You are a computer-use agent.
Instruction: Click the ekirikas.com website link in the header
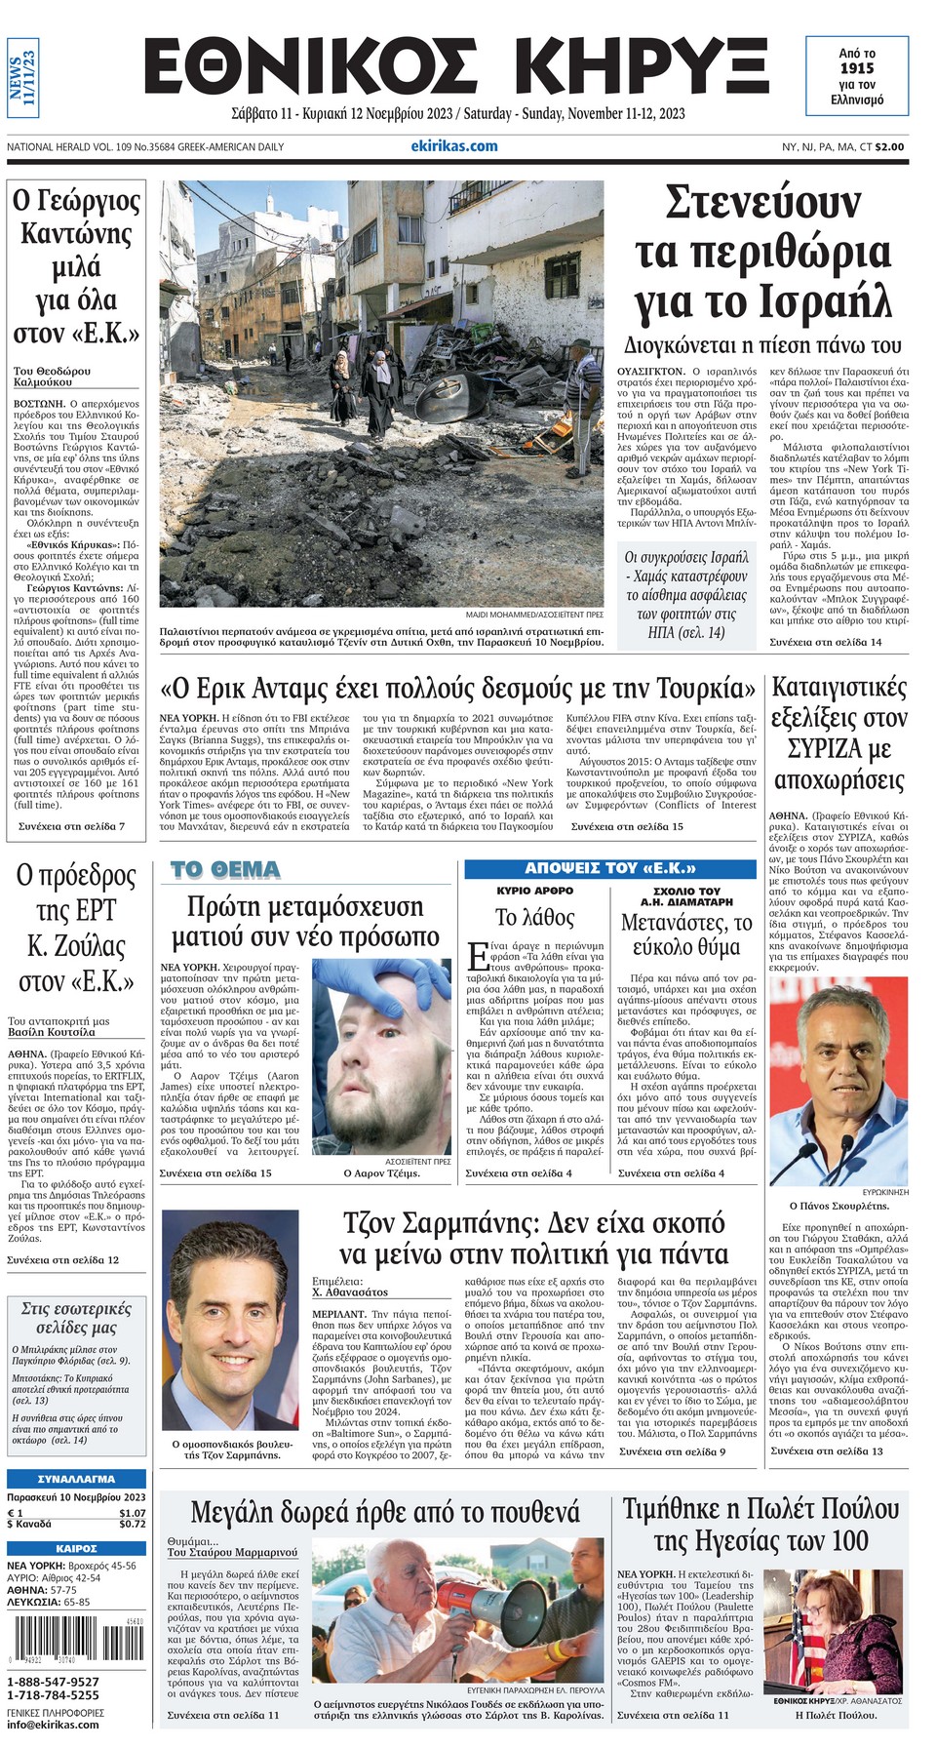(x=453, y=146)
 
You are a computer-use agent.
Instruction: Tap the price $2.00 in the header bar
(x=888, y=147)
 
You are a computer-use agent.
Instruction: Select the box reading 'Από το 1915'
(x=857, y=76)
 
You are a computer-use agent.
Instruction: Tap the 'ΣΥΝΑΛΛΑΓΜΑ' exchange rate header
(x=76, y=1479)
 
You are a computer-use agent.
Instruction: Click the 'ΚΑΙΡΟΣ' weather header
(x=76, y=1548)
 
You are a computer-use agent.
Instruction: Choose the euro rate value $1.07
(x=132, y=1513)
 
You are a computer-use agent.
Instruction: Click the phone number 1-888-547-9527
(x=54, y=1682)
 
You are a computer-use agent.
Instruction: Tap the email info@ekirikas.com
(x=53, y=1725)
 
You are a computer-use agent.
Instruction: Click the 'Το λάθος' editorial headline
(x=534, y=917)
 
